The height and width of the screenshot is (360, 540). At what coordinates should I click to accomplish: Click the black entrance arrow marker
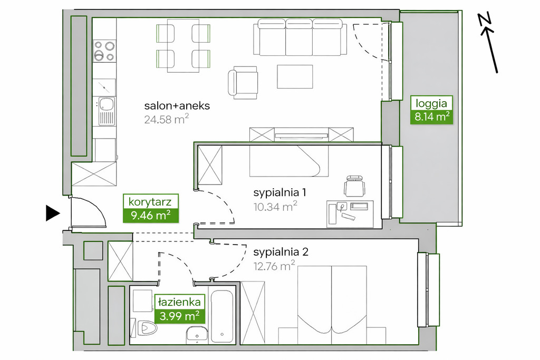(53, 213)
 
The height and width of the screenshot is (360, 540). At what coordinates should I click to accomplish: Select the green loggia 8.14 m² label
(431, 110)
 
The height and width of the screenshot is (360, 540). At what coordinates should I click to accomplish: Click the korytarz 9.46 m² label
(150, 208)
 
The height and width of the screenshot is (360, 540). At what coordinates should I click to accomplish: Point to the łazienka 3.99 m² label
(179, 309)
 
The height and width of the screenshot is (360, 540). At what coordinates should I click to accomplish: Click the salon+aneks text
(177, 105)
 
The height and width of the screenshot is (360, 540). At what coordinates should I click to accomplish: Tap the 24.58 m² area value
(166, 119)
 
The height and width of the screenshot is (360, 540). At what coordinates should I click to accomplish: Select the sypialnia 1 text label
(279, 193)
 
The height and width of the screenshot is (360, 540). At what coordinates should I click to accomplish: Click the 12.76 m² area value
(274, 266)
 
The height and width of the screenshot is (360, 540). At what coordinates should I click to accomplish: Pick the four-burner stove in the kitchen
(104, 51)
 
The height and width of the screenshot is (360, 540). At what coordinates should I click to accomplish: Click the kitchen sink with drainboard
(106, 111)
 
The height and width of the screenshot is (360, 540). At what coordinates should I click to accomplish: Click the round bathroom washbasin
(197, 335)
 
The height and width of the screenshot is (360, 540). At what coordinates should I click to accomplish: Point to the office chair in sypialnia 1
(354, 186)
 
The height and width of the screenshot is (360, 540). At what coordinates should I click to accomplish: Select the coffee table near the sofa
(295, 76)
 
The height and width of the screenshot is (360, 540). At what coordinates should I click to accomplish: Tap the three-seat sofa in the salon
(300, 37)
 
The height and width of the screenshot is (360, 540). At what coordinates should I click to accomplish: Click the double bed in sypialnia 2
(332, 305)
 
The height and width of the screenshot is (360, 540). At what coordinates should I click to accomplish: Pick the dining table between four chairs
(183, 46)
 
